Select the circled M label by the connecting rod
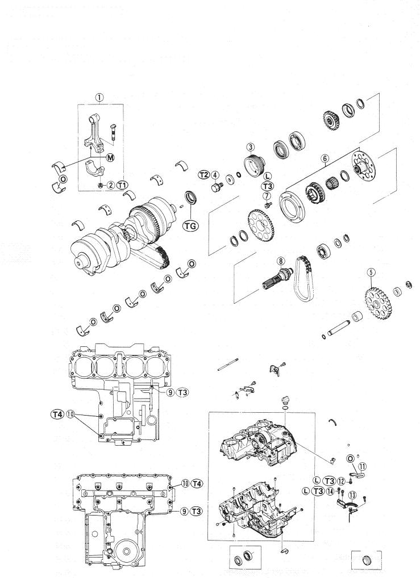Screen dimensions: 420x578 (x=110, y=158)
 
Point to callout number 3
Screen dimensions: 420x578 (x=251, y=148)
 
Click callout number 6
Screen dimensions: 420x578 (x=325, y=158)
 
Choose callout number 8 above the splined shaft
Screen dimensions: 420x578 (x=267, y=195)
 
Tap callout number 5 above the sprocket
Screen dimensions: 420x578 (x=281, y=261)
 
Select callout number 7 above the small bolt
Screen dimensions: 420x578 (x=267, y=195)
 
